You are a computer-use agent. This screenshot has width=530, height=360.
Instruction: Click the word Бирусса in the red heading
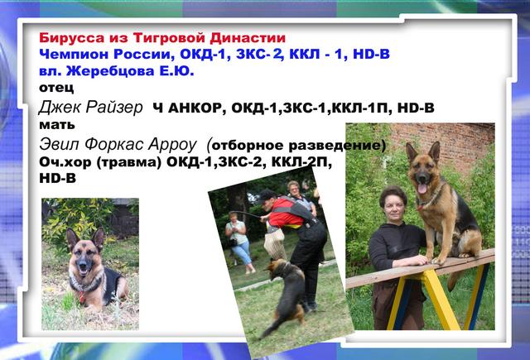pos(72,38)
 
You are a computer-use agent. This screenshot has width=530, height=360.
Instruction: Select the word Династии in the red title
pos(248,38)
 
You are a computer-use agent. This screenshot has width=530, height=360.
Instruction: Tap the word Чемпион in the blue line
pos(74,55)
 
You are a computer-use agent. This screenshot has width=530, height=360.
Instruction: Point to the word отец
pos(56,88)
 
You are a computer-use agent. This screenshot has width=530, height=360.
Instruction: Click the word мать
pos(57,125)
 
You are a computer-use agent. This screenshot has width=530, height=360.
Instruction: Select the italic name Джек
pos(60,108)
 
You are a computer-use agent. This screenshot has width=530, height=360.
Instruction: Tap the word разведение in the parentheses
pos(337,146)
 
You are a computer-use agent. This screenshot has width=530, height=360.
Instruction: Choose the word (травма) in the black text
pos(128,162)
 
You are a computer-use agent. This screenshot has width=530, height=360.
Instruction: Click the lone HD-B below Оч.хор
pos(57,178)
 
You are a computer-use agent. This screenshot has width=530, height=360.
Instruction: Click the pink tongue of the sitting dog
pos(422,189)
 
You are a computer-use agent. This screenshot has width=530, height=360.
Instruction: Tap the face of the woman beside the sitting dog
pos(394,207)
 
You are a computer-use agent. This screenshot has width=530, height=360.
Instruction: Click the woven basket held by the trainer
pos(274,242)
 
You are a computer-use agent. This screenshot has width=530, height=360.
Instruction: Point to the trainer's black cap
pos(267,196)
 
